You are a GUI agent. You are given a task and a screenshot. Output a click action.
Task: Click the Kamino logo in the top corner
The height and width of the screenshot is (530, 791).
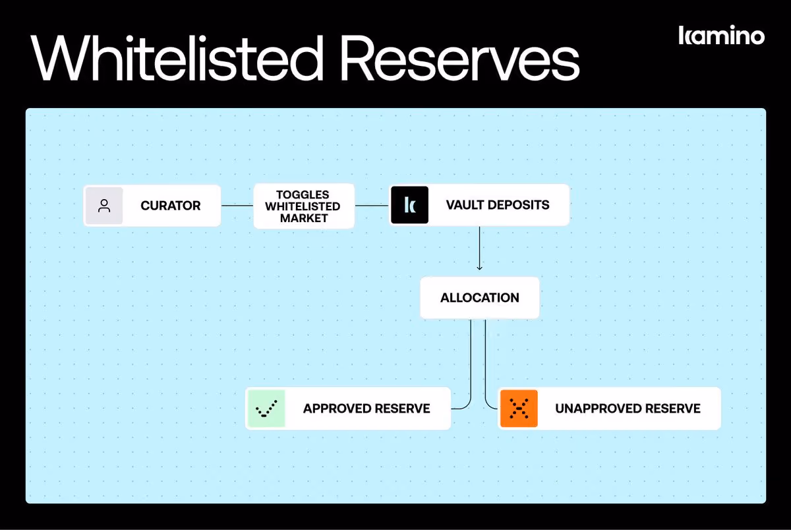pos(721,35)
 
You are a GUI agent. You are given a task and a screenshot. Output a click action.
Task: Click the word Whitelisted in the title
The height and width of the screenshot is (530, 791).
pos(177,58)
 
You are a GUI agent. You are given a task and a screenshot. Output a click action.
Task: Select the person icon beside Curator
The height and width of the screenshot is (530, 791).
pos(104,206)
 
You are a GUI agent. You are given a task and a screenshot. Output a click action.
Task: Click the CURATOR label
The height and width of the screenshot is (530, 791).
pos(171,206)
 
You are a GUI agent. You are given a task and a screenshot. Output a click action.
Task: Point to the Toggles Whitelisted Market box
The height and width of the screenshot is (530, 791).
pos(304,206)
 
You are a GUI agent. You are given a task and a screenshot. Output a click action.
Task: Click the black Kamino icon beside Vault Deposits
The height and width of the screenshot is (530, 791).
pos(409,205)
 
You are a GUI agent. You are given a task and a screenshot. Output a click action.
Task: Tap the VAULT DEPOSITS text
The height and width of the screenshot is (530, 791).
pos(498,205)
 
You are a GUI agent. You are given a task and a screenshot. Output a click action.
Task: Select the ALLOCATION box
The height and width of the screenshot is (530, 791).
pos(480,298)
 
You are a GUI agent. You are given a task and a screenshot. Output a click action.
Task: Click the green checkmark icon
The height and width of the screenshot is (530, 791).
pos(266,409)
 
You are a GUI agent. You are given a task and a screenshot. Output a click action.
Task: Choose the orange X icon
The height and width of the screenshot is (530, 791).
pos(519,409)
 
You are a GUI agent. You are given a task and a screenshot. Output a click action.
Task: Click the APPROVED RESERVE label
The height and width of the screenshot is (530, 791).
pos(366,409)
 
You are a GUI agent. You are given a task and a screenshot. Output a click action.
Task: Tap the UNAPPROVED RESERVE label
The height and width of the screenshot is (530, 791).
pos(628,409)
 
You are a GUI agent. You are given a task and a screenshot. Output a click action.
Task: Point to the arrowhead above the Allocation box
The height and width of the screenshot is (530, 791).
pos(480,268)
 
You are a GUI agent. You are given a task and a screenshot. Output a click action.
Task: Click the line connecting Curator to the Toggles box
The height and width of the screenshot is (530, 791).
pos(237,206)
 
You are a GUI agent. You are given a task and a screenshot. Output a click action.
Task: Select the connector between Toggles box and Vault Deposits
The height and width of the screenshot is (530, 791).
pos(372,206)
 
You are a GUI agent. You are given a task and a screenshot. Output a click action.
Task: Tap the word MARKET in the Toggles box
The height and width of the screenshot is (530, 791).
pos(304,218)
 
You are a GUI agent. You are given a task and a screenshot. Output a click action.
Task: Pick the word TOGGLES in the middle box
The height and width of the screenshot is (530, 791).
pos(303,194)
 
